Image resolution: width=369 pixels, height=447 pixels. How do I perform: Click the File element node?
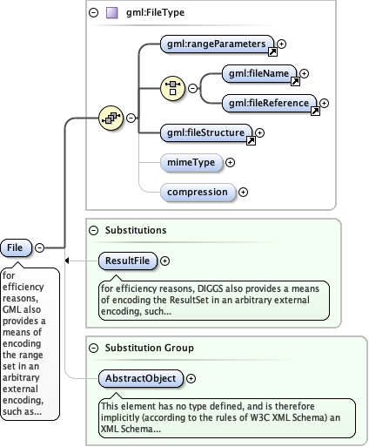click(16, 248)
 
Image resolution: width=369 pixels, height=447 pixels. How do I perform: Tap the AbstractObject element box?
click(142, 379)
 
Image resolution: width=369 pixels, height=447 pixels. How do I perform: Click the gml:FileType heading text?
click(155, 13)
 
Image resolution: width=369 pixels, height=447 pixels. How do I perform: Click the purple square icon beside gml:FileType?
click(112, 13)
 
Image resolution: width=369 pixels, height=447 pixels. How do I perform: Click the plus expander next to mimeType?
click(231, 162)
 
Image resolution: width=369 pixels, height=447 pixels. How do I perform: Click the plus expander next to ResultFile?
click(165, 260)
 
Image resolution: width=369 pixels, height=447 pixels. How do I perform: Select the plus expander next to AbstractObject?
click(191, 379)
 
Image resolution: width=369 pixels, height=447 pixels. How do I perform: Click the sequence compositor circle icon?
click(111, 118)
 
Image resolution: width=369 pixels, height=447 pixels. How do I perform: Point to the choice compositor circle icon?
click(172, 88)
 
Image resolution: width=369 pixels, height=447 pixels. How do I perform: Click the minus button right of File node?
click(40, 248)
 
